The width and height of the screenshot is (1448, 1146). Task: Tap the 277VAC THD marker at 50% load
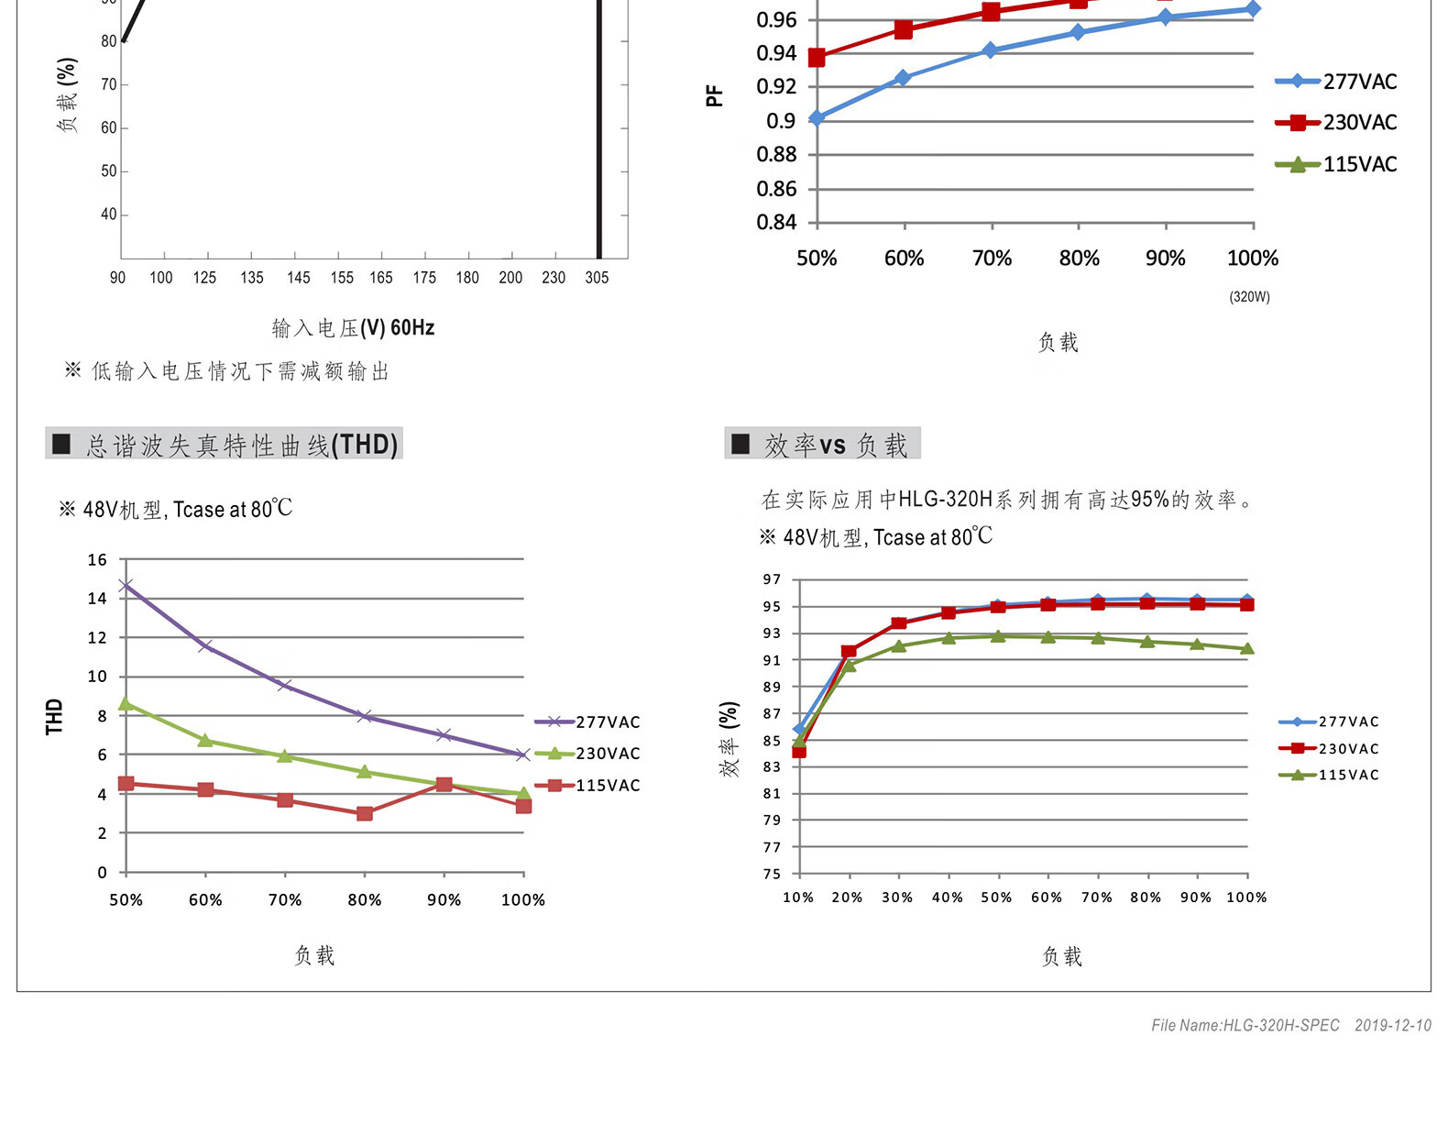(x=126, y=585)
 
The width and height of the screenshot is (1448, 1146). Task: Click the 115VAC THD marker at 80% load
(x=365, y=813)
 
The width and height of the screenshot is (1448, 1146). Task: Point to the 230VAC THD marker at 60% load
(x=205, y=740)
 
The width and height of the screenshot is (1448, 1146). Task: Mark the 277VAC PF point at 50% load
(x=817, y=117)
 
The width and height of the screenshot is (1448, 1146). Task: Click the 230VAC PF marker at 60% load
(x=904, y=30)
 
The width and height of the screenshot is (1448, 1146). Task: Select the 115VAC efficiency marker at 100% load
(x=1246, y=649)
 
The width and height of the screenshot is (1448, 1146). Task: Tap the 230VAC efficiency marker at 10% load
(x=799, y=752)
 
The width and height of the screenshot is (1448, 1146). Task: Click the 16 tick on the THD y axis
(x=97, y=559)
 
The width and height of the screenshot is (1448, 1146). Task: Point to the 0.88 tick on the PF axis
(x=776, y=155)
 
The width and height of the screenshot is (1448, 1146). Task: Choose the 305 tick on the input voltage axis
(x=597, y=277)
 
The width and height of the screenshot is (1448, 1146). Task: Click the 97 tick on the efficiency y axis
(x=772, y=579)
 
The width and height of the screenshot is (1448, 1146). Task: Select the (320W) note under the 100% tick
(x=1249, y=297)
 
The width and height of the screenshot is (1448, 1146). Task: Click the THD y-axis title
(x=54, y=716)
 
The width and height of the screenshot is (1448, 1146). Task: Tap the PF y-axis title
(x=714, y=95)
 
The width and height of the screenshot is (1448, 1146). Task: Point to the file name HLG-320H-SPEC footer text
(x=1245, y=1025)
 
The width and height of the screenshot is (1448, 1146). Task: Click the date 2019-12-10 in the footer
(x=1392, y=1025)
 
